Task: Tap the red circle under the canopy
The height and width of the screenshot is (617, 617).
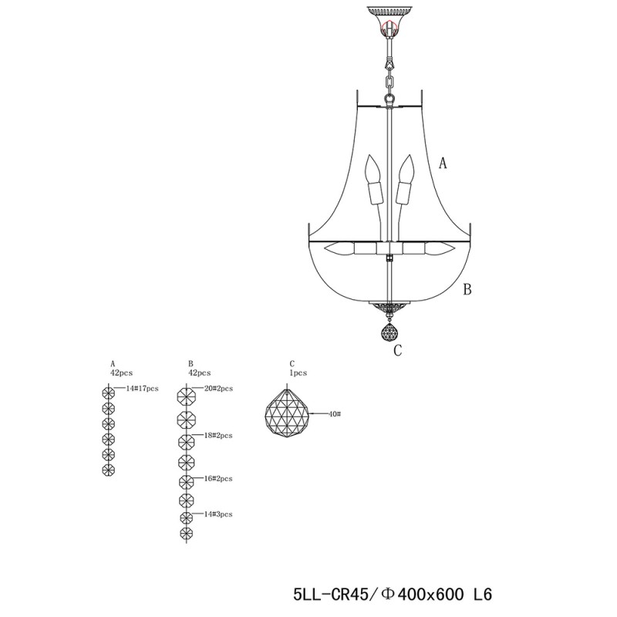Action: pos(389,28)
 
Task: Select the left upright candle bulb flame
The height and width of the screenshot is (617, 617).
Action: pos(373,168)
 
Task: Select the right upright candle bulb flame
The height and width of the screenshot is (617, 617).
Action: pos(406,168)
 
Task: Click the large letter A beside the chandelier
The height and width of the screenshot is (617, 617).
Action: pos(443,163)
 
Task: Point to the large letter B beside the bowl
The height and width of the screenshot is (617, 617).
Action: pos(467,289)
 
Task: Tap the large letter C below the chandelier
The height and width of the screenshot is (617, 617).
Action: pos(398,350)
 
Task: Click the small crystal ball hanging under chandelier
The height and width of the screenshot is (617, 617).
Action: pos(389,332)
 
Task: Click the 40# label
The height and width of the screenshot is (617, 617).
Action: pos(334,414)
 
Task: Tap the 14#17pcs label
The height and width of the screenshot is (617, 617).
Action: pos(142,389)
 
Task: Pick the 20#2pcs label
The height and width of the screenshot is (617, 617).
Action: pos(218,389)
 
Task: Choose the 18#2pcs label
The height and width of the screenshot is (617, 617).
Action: pos(218,435)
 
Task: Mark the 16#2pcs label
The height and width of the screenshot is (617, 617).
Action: pos(218,478)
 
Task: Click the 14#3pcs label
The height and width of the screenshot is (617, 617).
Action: pos(218,514)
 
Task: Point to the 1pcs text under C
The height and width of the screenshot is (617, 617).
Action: pos(298,373)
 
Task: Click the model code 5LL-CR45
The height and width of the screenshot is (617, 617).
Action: pos(330,594)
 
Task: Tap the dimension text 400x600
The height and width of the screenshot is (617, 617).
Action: pos(430,594)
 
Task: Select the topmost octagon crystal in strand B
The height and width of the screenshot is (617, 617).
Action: pos(187,396)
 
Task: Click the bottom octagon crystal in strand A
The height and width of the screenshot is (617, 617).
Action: pos(109,470)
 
